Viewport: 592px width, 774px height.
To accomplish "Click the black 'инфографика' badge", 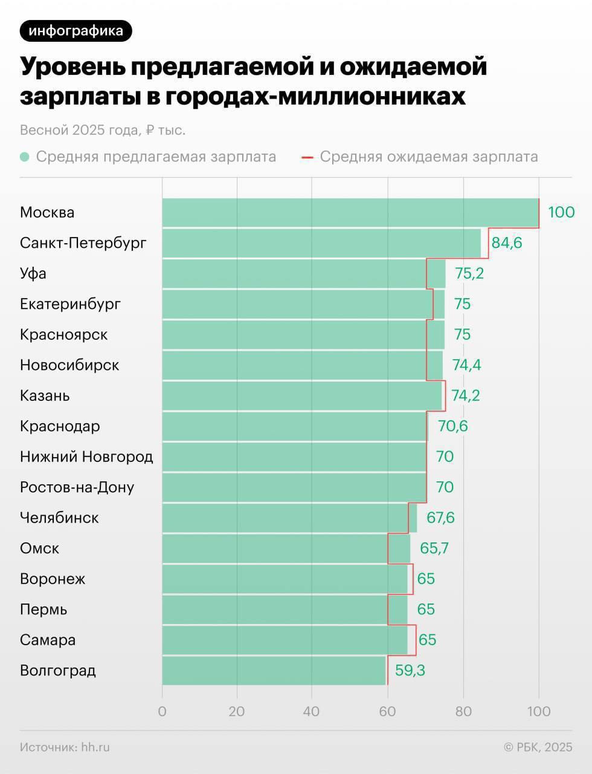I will pos(76,31).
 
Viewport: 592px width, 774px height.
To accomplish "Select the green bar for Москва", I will pos(350,213).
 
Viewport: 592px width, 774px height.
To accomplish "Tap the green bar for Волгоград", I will pos(274,671).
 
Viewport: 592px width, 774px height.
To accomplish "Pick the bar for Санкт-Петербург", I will pos(321,243).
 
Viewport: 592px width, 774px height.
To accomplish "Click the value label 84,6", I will pos(507,243).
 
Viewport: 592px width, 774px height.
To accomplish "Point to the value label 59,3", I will pos(410,671).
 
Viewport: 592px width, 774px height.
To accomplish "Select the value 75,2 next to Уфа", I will pos(469,273).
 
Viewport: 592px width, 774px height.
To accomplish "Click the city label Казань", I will pos(45,396).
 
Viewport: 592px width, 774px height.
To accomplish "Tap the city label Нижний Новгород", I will pos(86,457).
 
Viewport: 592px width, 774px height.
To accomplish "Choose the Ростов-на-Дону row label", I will pos(77,487).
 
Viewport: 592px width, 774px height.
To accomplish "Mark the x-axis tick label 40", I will pos(311,712).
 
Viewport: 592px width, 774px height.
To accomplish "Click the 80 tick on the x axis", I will pos(463,712).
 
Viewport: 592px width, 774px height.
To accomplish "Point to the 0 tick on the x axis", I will pos(162,712).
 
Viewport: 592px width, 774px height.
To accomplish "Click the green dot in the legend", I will pos(25,157).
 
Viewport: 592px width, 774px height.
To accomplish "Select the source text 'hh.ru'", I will pos(95,747).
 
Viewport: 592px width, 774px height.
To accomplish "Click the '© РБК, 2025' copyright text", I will pos(538,747).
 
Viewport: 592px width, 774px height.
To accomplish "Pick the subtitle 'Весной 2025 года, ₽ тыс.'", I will pos(103,130).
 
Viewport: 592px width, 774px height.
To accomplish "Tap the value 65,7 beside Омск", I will pos(434,548).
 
